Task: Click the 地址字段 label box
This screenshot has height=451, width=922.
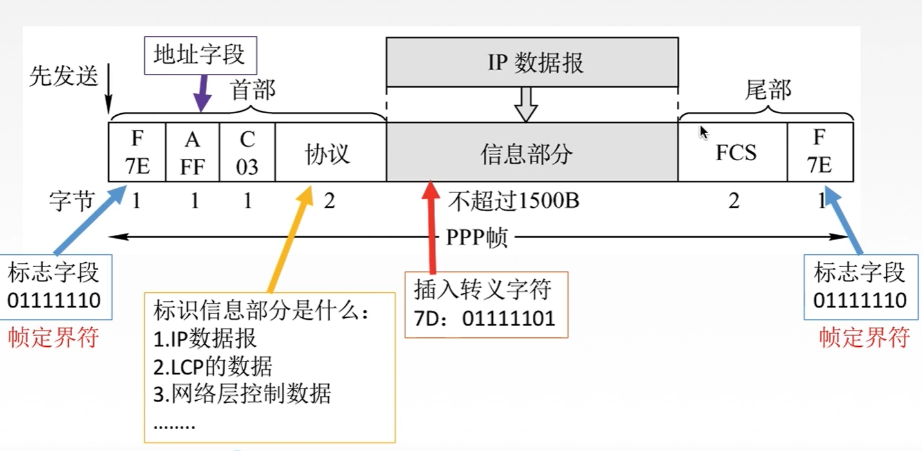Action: (x=199, y=55)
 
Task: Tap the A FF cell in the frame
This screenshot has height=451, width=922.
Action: (x=192, y=152)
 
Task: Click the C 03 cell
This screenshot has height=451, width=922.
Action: (x=247, y=152)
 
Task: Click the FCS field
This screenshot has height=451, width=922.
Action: (x=733, y=152)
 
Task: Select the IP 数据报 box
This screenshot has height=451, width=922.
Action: (x=531, y=62)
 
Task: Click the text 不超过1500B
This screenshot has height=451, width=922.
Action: (x=513, y=201)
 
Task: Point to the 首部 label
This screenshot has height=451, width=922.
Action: (x=252, y=90)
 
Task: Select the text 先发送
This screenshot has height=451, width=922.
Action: (x=63, y=77)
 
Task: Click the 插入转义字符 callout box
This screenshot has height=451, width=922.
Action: (x=486, y=304)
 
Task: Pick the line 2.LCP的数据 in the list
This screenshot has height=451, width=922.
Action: (x=213, y=367)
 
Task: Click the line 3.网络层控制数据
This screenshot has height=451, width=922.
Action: (x=242, y=394)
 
